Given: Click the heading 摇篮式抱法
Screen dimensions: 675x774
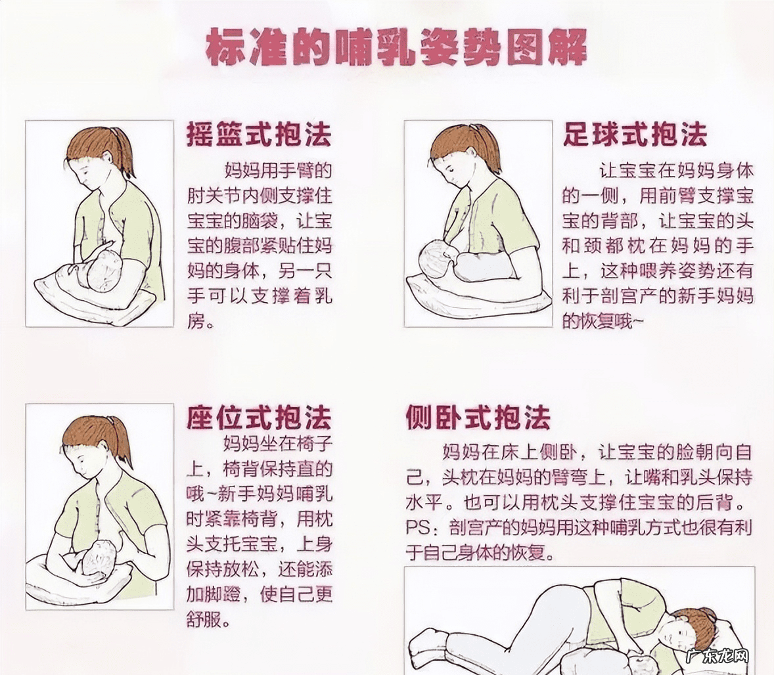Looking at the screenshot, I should click(259, 135).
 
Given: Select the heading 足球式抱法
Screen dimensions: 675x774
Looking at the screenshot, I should click(635, 135).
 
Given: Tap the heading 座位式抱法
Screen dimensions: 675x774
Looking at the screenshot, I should click(259, 418).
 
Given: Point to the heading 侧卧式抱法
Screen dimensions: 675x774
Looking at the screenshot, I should click(478, 418).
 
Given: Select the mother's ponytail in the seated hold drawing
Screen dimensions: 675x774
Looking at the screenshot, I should click(122, 439).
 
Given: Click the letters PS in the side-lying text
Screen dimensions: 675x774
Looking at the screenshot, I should click(417, 527).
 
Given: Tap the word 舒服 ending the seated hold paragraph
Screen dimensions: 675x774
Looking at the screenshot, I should click(204, 619).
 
